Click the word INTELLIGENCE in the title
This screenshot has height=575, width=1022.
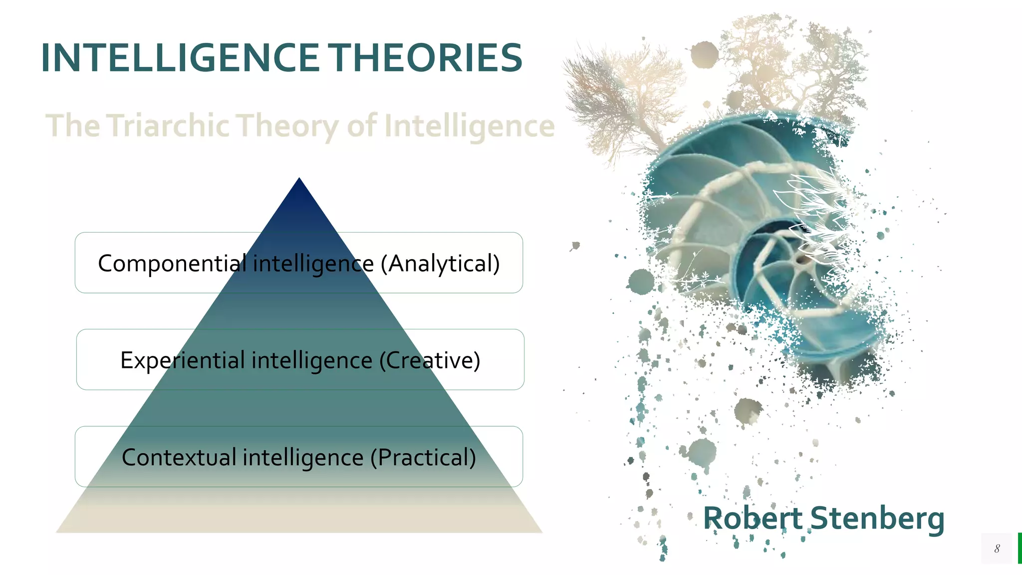click(180, 58)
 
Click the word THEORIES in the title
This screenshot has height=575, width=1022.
click(427, 58)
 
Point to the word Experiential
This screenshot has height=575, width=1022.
click(183, 360)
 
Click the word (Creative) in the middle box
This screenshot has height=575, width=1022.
click(430, 360)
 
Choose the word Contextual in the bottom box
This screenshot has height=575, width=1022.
click(179, 457)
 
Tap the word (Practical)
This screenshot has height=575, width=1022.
click(423, 457)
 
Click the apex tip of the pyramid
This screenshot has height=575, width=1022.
click(299, 181)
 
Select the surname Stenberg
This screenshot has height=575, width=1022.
click(877, 519)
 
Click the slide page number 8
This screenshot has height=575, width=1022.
click(997, 549)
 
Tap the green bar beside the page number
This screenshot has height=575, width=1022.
click(1020, 548)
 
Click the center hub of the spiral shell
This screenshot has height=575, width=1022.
click(800, 260)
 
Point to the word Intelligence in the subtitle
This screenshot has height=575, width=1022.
click(469, 126)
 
